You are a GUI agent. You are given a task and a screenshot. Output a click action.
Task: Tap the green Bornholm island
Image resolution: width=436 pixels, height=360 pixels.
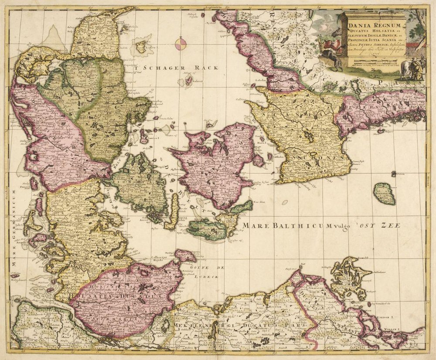384,194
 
